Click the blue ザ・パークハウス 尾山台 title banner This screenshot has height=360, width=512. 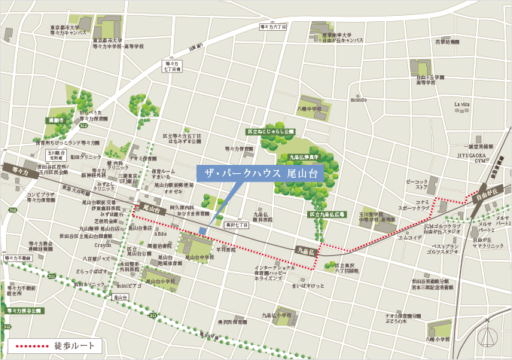point(260,173)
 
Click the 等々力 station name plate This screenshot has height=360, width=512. point(20,172)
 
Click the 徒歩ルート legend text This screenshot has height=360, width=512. point(75,345)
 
